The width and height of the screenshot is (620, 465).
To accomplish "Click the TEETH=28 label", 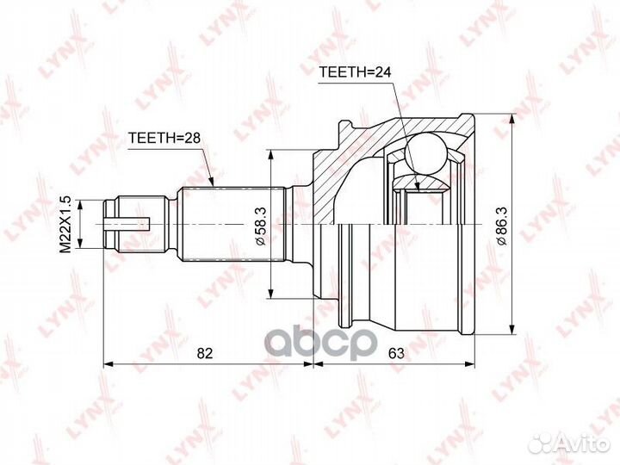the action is point(164,138).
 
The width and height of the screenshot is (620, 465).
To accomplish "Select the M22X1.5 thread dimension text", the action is point(65,225).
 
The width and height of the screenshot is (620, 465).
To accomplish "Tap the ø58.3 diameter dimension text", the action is point(262,226).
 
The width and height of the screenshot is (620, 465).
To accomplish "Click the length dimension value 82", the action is point(205,353).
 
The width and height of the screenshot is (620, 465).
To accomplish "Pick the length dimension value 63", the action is point(396,353).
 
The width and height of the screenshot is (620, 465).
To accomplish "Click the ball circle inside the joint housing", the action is point(426,154).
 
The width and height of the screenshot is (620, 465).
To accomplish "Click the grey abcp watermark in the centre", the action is point(320,344).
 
